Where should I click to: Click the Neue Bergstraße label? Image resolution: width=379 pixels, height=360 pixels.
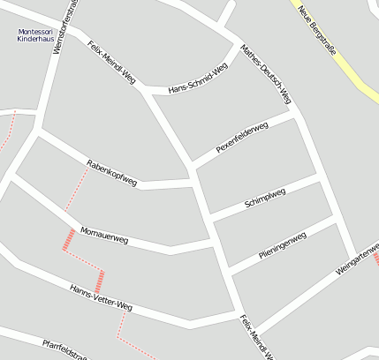click(x=318, y=30)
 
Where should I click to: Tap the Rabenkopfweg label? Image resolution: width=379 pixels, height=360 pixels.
click(x=111, y=172)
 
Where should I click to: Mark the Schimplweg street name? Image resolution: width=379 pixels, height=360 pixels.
click(x=264, y=199)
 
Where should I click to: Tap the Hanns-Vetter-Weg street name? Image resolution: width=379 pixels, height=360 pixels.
click(x=101, y=298)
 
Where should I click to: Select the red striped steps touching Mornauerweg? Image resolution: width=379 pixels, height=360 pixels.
click(x=68, y=238)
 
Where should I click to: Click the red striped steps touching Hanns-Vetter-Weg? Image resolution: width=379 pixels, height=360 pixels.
click(x=100, y=281)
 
